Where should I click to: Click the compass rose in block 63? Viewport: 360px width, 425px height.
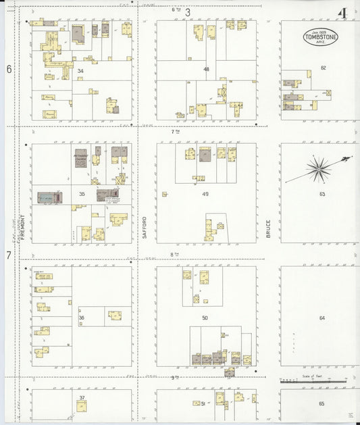click(x=318, y=168)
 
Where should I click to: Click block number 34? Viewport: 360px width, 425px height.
click(x=80, y=70)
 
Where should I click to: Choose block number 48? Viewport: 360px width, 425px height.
click(x=206, y=69)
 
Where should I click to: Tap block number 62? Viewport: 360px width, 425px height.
click(x=323, y=68)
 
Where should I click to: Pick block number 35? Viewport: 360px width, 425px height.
click(x=81, y=194)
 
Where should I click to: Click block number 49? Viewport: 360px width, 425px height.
click(x=205, y=195)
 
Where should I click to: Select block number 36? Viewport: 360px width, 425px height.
click(x=81, y=318)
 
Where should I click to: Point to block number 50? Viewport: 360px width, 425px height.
click(x=205, y=318)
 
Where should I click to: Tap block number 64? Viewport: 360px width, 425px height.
click(x=322, y=318)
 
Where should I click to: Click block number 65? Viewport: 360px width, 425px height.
click(x=322, y=403)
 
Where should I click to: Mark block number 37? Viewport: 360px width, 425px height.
click(x=81, y=397)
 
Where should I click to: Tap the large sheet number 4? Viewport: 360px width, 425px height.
click(x=343, y=13)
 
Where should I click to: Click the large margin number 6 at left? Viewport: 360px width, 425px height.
click(x=9, y=69)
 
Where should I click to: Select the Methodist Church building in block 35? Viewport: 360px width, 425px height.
click(x=81, y=158)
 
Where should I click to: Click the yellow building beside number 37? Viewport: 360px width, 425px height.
click(x=82, y=406)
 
